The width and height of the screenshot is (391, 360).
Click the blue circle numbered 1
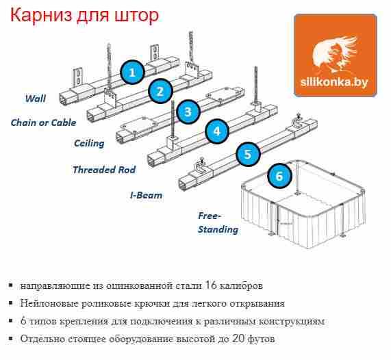[132, 73]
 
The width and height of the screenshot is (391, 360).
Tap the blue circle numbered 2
[160, 91]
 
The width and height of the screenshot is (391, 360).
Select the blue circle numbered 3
[188, 112]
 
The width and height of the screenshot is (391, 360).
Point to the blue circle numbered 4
[217, 131]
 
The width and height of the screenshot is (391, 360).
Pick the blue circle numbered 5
[248, 154]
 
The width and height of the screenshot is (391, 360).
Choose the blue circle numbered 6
[279, 176]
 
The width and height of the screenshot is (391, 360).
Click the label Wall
[36, 99]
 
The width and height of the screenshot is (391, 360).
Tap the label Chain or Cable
[43, 123]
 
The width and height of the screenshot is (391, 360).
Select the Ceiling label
[89, 143]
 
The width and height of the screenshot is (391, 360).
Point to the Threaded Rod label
[104, 170]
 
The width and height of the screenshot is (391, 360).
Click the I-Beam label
[146, 195]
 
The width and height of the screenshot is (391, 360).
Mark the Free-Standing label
[218, 222]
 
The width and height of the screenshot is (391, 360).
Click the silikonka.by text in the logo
[334, 81]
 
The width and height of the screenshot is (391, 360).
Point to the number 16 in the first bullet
[211, 285]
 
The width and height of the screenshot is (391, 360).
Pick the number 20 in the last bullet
[238, 339]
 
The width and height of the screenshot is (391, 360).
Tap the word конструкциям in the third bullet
[291, 322]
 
